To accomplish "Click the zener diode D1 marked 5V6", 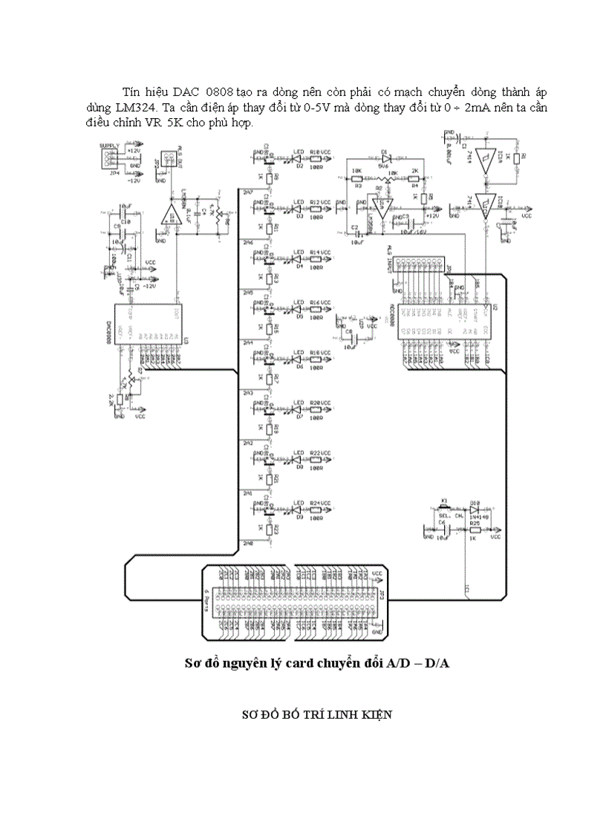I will (x=385, y=158).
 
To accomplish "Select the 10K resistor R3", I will (x=356, y=178).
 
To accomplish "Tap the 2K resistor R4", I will (x=414, y=178).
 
